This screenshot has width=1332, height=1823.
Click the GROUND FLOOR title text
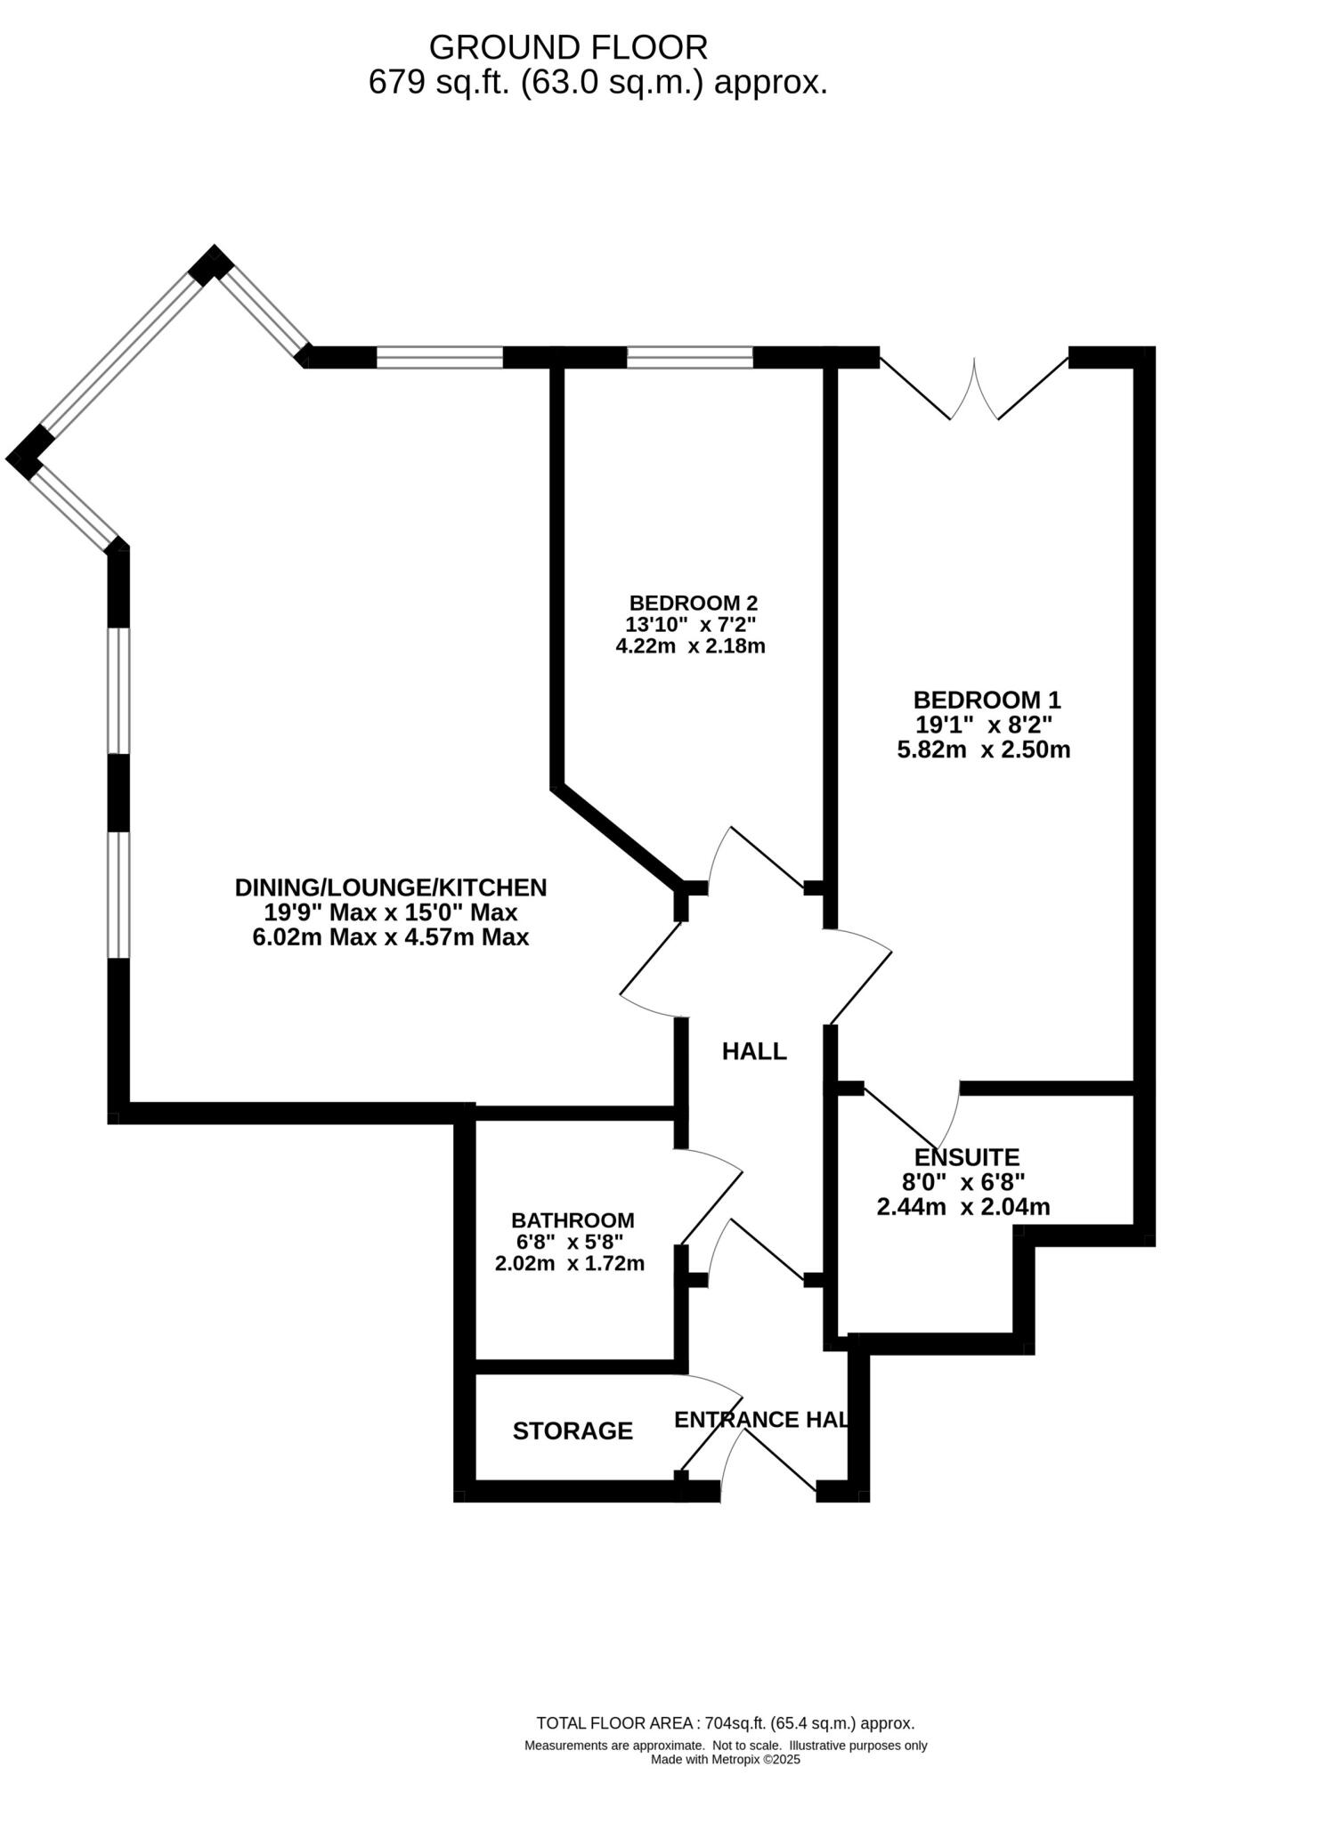tap(568, 46)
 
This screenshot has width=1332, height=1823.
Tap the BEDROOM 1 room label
tap(987, 699)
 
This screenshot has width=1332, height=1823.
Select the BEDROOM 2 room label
tap(693, 604)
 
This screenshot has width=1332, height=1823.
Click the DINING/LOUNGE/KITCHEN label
tap(391, 887)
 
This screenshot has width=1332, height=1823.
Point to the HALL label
tap(753, 1051)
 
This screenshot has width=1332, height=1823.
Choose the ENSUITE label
tap(967, 1157)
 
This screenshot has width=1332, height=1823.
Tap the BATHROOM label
tap(573, 1219)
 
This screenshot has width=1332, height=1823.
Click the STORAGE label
tap(573, 1430)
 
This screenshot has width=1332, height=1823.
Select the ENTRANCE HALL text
tap(760, 1419)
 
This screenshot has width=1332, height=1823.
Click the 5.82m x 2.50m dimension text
tap(983, 749)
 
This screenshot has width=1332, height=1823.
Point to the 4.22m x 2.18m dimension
tap(690, 646)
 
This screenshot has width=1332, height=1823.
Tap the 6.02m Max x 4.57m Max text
tap(391, 936)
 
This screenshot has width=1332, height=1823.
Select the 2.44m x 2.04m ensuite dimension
tap(963, 1207)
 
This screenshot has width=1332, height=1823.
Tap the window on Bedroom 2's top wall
tap(690, 358)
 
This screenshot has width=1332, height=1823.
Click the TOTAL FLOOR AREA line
tap(725, 1722)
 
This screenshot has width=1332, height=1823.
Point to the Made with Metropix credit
tap(725, 1759)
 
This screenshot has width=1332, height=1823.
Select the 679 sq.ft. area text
tap(597, 83)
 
